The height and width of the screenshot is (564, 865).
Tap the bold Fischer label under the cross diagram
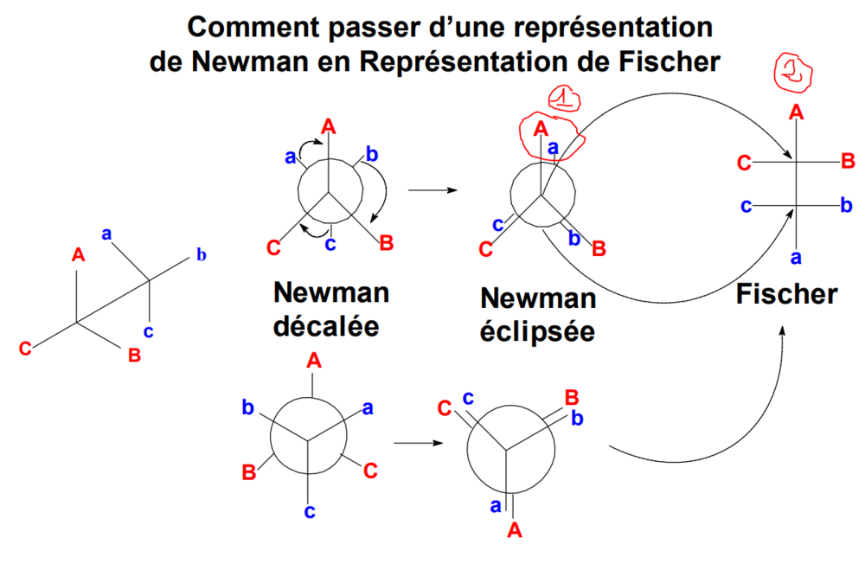(x=786, y=294)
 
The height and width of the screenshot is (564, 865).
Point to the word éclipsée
(x=538, y=330)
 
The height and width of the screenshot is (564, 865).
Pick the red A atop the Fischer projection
(x=796, y=111)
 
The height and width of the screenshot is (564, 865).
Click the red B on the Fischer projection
(x=848, y=161)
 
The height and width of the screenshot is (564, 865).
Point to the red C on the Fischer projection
(x=744, y=162)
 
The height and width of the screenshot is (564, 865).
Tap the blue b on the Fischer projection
(x=846, y=205)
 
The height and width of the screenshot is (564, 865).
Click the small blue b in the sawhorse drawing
(x=201, y=254)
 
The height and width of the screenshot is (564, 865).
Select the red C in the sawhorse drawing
(x=26, y=349)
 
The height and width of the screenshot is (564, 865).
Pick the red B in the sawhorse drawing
(x=134, y=355)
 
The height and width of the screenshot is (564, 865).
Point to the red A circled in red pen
(x=541, y=128)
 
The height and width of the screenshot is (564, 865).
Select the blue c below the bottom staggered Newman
(x=309, y=512)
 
